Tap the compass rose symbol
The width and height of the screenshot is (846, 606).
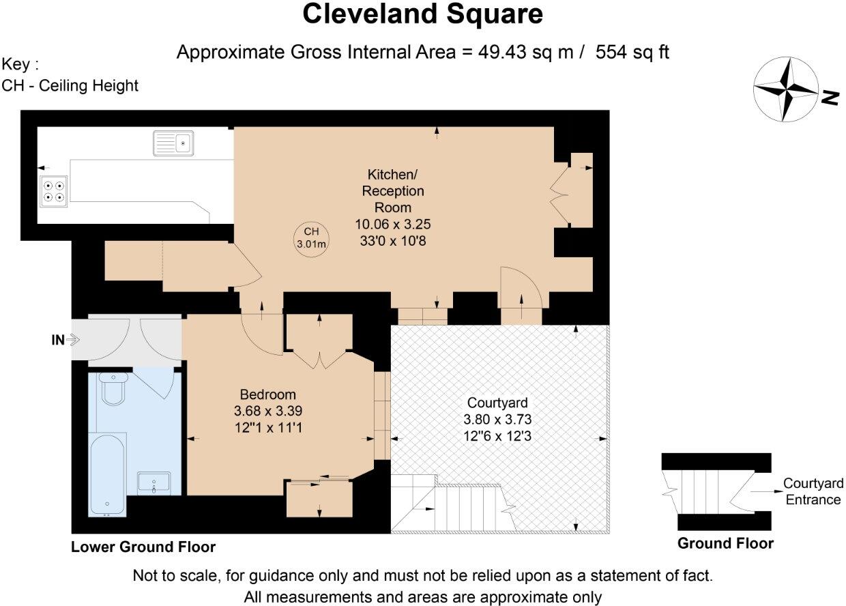(785, 89)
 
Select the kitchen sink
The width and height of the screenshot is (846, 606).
(174, 143)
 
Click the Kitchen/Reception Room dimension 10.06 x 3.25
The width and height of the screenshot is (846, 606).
(393, 223)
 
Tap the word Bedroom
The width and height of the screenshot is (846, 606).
(267, 394)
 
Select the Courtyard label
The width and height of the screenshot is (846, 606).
(497, 403)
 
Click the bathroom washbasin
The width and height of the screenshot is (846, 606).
(154, 482)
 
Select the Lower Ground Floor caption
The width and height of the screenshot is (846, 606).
(143, 547)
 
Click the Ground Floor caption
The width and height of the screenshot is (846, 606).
(725, 544)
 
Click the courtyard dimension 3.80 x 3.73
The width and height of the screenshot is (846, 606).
(497, 419)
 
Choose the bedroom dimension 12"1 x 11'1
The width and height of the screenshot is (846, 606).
(267, 427)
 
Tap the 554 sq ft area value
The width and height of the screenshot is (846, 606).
(632, 52)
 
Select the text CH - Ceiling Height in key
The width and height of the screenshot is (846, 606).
(70, 85)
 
